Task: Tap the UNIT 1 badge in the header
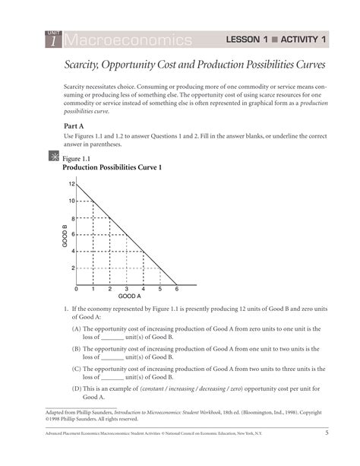pos(52,38)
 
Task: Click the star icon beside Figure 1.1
pos(52,157)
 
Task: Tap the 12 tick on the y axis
pos(71,185)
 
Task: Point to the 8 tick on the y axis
pos(73,218)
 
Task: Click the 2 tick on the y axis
pos(73,268)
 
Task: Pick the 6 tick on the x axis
pos(176,290)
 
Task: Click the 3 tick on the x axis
pos(126,290)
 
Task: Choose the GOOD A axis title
pos(129,296)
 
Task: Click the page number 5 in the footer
pos(326,433)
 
